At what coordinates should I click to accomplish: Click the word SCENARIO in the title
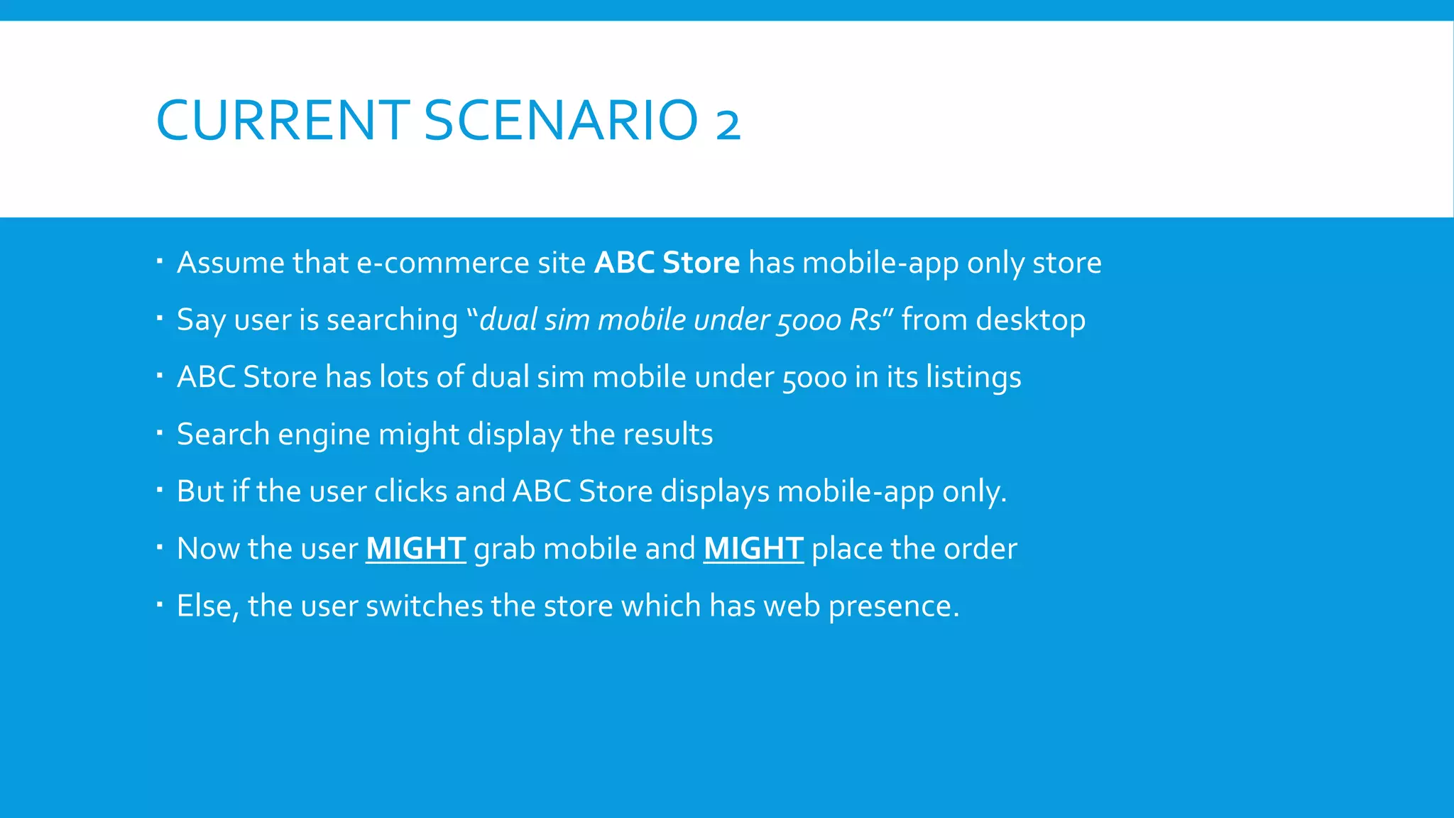point(561,120)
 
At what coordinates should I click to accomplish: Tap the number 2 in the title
point(728,123)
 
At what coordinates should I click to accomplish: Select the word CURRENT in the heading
point(282,120)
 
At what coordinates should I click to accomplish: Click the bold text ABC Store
point(667,263)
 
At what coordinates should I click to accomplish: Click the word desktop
point(1030,320)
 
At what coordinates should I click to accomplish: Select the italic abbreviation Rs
point(864,320)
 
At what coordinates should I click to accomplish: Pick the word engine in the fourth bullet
point(324,435)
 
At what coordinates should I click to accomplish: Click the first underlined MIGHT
point(415,549)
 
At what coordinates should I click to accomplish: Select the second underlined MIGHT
point(753,549)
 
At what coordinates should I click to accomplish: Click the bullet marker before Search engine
point(160,432)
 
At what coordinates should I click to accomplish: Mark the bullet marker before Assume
point(160,261)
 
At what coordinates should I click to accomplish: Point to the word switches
point(424,606)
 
